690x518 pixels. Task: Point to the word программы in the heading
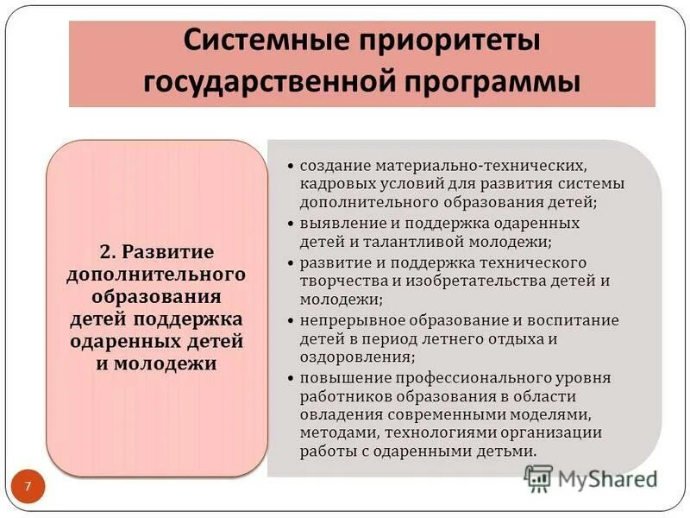(x=506, y=82)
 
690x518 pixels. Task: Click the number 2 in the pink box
(x=105, y=253)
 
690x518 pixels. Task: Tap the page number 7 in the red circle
(x=28, y=487)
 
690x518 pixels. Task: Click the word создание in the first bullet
(x=333, y=164)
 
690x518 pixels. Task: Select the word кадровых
(x=330, y=183)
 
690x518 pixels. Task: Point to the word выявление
(x=338, y=222)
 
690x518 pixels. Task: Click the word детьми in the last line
(x=508, y=451)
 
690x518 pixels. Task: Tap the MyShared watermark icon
(x=538, y=477)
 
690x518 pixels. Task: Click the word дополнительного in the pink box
(x=156, y=275)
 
